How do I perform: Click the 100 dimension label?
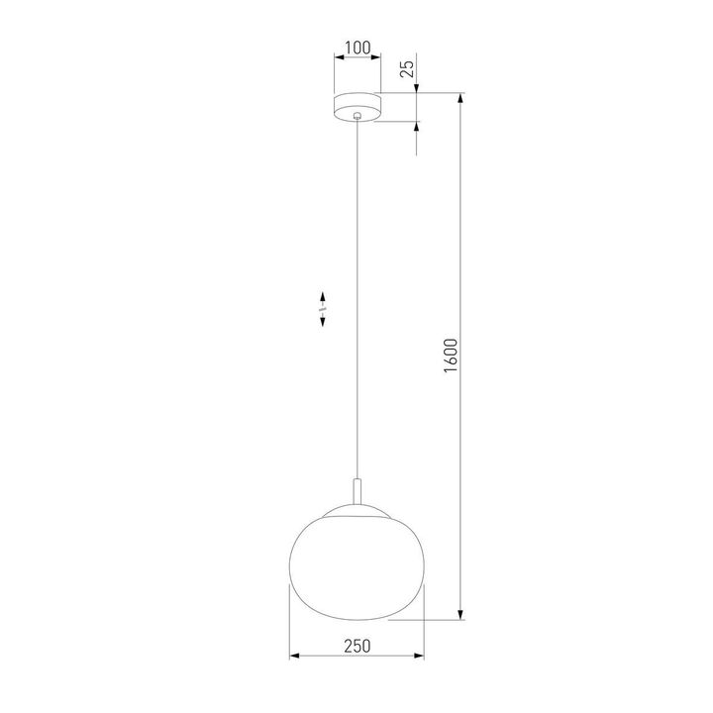(356, 47)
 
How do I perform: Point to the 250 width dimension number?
(356, 646)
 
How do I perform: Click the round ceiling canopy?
(356, 105)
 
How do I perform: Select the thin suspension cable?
(356, 297)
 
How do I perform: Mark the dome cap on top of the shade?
(356, 510)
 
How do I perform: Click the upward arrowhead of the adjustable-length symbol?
(323, 296)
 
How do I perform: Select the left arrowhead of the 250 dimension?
(294, 657)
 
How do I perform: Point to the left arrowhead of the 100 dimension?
(338, 58)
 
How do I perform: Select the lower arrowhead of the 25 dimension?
(417, 127)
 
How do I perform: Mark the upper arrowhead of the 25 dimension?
(417, 90)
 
